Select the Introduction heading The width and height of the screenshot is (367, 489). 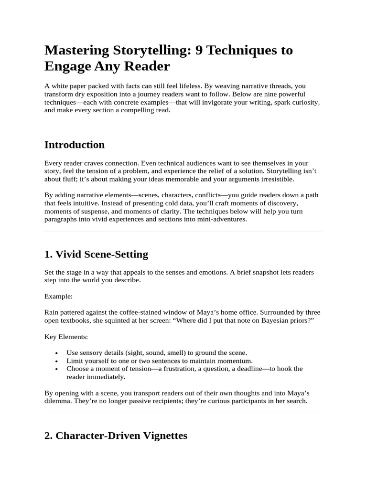pyautogui.click(x=75, y=145)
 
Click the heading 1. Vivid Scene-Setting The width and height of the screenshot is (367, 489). pyautogui.click(x=96, y=255)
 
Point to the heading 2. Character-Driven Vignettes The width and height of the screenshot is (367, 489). pyautogui.click(x=116, y=436)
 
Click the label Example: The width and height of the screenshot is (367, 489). pyautogui.click(x=58, y=297)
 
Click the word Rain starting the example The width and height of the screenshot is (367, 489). pyautogui.click(x=52, y=313)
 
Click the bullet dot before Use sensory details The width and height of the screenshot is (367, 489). pyautogui.click(x=57, y=353)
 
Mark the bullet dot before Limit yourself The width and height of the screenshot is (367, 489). pyautogui.click(x=57, y=361)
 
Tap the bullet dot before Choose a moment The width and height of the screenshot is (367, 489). pyautogui.click(x=57, y=370)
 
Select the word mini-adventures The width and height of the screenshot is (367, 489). pyautogui.click(x=223, y=219)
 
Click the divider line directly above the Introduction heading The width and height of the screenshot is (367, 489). pyautogui.click(x=183, y=122)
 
